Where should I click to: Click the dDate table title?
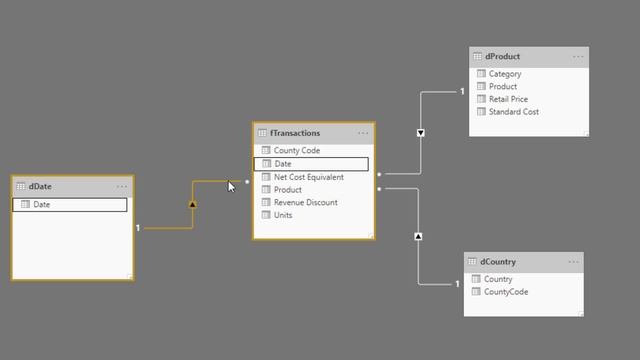40,186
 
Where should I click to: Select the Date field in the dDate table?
42,205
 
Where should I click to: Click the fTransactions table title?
295,133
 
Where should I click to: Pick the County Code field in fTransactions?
296,151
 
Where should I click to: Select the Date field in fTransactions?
283,164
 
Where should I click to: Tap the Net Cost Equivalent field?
308,177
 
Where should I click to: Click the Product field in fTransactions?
287,190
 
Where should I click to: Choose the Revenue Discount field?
305,203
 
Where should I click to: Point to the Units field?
283,215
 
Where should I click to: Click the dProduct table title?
503,57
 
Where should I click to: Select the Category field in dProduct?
505,74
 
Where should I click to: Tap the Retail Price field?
508,99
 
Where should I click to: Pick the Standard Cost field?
514,112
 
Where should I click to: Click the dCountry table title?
497,262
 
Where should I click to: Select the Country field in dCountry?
498,279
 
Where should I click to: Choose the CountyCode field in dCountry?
505,292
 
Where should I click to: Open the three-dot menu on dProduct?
578,57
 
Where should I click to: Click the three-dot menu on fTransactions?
363,133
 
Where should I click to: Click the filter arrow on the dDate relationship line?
192,204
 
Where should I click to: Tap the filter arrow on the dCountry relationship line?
418,237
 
